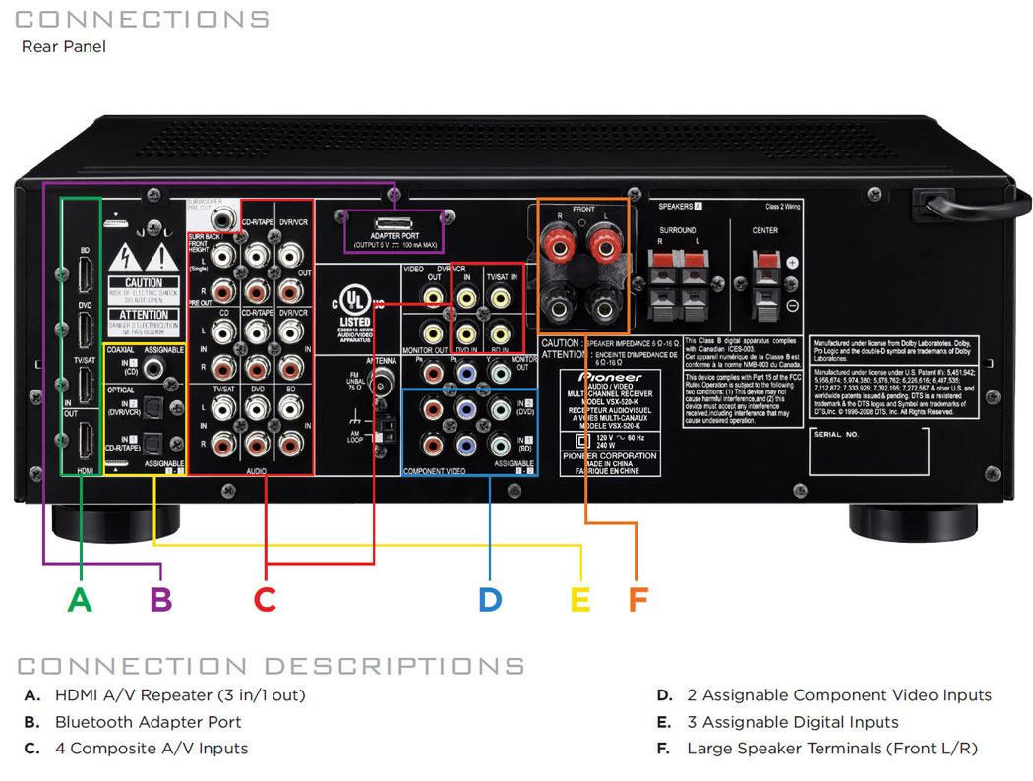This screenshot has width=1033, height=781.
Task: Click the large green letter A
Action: click(80, 598)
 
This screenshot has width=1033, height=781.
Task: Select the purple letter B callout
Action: click(161, 598)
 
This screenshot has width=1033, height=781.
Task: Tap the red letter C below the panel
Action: click(265, 598)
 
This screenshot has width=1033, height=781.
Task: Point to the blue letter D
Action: click(490, 598)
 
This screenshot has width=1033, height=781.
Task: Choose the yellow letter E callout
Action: click(581, 598)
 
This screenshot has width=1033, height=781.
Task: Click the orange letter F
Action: click(638, 598)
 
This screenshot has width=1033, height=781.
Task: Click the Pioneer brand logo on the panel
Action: click(610, 377)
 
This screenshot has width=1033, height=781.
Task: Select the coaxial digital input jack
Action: click(153, 369)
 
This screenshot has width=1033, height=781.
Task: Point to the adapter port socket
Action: click(393, 223)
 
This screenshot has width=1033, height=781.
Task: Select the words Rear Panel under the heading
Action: click(63, 46)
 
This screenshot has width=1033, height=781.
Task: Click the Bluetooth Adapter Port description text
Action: click(148, 722)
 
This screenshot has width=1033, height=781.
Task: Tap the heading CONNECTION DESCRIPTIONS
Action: click(271, 666)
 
